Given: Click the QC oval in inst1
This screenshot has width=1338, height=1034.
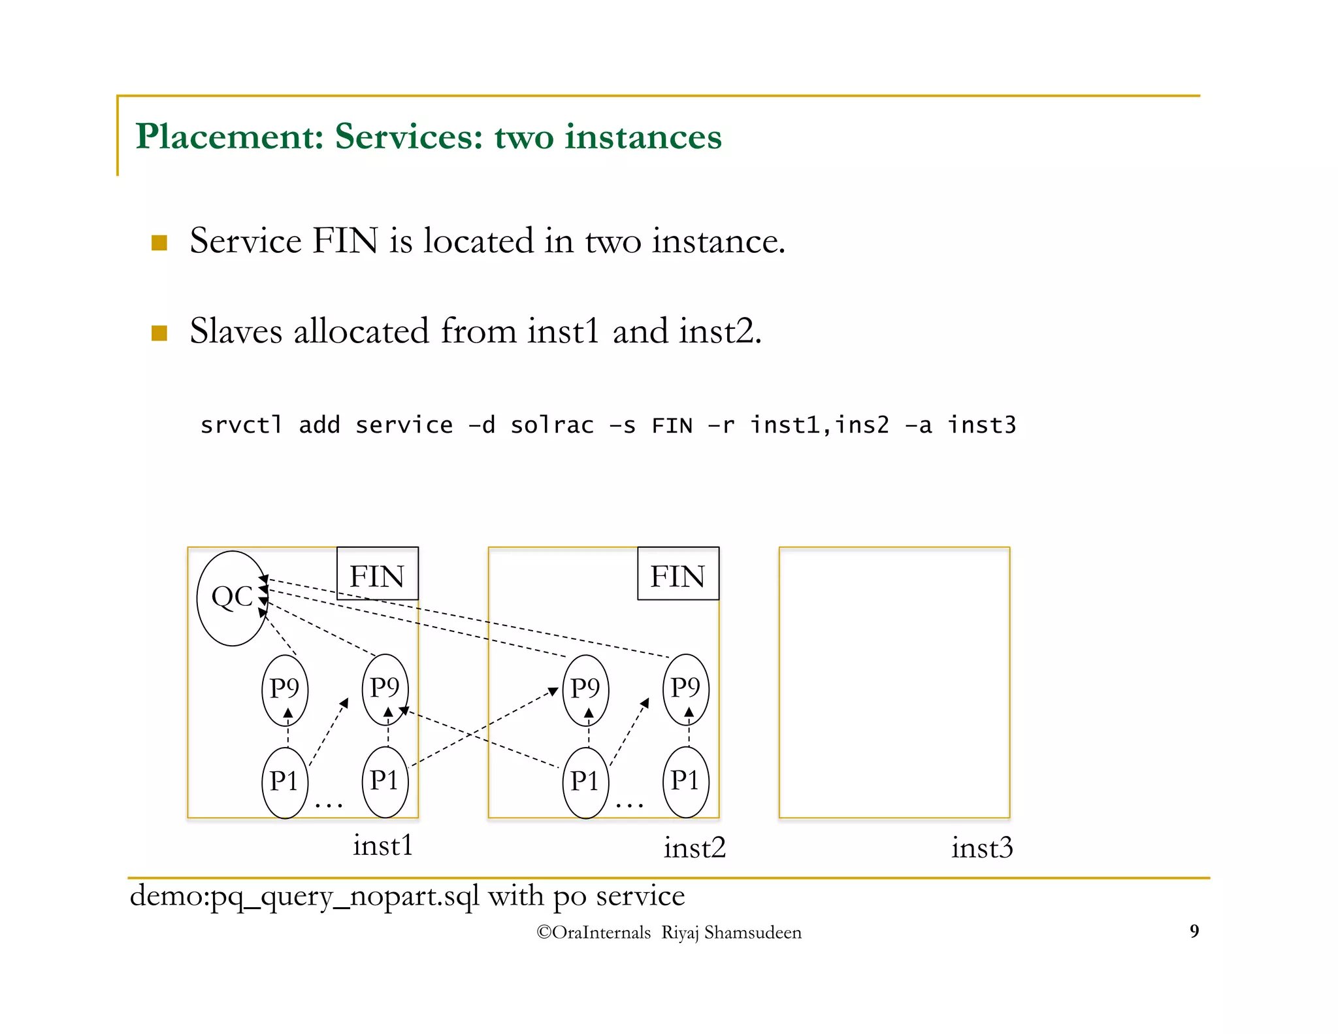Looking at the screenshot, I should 232,598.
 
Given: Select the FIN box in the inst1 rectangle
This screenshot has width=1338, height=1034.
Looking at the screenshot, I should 377,574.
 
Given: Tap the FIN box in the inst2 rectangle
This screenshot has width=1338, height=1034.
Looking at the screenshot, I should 677,574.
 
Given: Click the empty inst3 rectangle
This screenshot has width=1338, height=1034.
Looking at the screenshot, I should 894,682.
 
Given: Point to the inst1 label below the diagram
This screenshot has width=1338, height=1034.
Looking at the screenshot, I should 383,845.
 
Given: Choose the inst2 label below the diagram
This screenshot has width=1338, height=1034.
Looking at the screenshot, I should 694,848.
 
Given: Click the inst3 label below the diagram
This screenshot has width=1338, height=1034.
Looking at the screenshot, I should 982,848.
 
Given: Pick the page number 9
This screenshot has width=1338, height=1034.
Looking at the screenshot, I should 1194,931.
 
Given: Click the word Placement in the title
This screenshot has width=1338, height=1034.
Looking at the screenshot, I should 229,137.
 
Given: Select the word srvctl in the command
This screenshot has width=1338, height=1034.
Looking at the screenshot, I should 241,425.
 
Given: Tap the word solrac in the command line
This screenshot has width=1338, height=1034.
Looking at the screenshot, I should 552,425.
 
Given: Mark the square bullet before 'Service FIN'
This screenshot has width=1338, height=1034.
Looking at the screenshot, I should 159,243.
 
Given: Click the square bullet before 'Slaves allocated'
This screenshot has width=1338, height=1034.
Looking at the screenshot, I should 159,333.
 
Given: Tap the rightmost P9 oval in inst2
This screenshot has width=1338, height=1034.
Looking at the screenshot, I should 685,690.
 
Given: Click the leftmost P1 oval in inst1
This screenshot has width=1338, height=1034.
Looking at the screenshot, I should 284,782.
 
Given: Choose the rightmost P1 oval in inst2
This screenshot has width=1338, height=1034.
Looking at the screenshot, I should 685,782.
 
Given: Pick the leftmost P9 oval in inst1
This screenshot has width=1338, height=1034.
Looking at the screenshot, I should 284,690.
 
